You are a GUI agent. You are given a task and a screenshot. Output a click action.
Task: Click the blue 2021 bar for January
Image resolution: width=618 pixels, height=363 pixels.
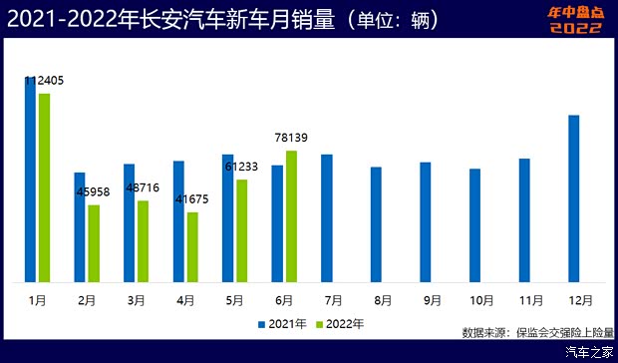[x=31, y=180]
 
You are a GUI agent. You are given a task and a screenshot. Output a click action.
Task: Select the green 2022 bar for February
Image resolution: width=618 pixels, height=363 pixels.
[x=94, y=243]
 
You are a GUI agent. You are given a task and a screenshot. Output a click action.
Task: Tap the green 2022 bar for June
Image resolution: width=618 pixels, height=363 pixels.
[x=291, y=215]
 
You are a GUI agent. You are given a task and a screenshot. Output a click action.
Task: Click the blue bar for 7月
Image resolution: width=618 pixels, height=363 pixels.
[x=326, y=217]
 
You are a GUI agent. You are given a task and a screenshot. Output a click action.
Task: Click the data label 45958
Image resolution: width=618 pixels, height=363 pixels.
[x=95, y=192]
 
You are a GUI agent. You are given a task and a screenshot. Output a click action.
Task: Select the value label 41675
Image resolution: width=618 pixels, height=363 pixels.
[x=192, y=199]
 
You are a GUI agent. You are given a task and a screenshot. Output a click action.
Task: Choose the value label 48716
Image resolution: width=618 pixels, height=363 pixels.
[x=144, y=187]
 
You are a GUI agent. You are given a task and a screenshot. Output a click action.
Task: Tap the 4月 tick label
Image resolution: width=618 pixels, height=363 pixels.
[x=185, y=299]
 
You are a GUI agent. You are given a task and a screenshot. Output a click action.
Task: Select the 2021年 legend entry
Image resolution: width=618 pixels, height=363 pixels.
[x=281, y=323]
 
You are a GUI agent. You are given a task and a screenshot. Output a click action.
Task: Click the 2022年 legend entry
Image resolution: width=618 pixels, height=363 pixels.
[x=339, y=323]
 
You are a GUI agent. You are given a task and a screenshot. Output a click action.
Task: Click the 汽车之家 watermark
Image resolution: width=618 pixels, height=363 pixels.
[x=588, y=352]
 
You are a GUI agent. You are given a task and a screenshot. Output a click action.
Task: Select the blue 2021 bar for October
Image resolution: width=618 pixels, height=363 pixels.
[x=475, y=224]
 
